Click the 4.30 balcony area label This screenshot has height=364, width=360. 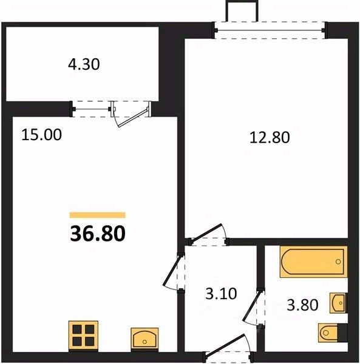(x=84, y=64)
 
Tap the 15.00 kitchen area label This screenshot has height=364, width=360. (x=41, y=135)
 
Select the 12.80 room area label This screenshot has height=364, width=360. (x=270, y=137)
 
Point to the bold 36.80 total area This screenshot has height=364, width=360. (x=98, y=234)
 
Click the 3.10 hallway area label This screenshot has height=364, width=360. (x=221, y=293)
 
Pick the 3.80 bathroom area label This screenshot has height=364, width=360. (x=302, y=305)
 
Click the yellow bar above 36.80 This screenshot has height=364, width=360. (x=98, y=215)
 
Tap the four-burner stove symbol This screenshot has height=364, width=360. (x=83, y=335)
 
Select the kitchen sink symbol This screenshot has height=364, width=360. (x=144, y=339)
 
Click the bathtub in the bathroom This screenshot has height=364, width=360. (x=313, y=261)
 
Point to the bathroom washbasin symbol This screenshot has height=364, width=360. (x=338, y=303)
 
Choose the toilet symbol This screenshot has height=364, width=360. (x=333, y=332)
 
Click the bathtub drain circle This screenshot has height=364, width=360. (x=338, y=261)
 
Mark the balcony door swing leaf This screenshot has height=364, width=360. (x=134, y=118)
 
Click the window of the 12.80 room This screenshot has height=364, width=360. (x=270, y=30)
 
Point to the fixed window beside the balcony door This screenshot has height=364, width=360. (x=91, y=109)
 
